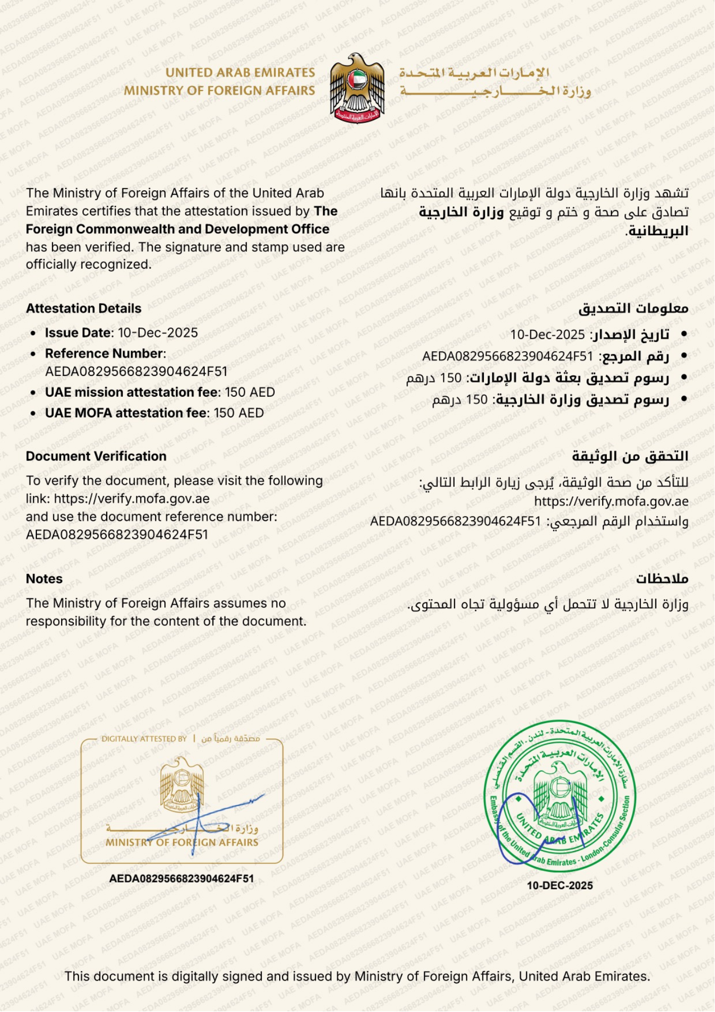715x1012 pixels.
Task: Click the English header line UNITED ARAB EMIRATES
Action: [240, 73]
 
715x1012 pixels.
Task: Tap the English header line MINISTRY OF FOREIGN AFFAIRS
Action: [219, 91]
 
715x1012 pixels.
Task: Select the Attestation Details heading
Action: [83, 309]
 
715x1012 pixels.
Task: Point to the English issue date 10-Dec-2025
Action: [158, 333]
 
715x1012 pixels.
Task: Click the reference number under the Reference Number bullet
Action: [136, 372]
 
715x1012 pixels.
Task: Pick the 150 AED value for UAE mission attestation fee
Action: [250, 393]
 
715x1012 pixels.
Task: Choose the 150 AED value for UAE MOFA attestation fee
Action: [239, 413]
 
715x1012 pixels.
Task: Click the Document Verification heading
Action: [96, 456]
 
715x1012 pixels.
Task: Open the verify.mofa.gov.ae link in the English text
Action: [131, 499]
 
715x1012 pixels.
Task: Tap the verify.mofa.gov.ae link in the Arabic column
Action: [611, 501]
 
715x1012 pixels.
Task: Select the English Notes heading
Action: [44, 579]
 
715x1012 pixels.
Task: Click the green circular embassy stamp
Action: [560, 796]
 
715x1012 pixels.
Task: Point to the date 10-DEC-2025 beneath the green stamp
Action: [560, 885]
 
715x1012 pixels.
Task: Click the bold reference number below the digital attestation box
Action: [182, 878]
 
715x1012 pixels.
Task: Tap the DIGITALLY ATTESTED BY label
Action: [144, 739]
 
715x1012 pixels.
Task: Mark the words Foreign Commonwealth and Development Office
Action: [177, 229]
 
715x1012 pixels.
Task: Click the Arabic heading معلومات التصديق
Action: [633, 309]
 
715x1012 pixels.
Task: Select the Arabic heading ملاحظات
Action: [662, 579]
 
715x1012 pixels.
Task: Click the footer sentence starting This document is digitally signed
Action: [357, 977]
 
